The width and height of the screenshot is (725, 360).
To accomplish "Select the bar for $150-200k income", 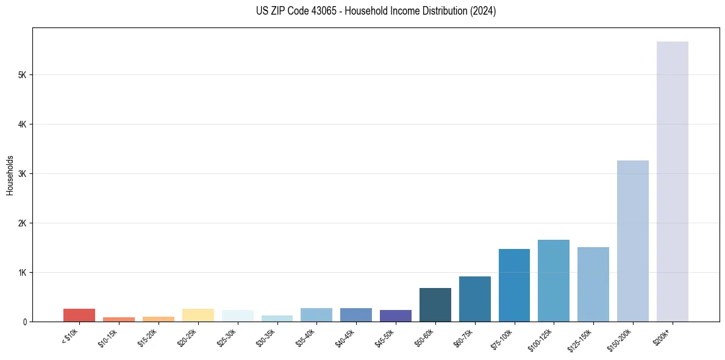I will click(632, 241).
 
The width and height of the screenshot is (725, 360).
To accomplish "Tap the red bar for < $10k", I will click(79, 315).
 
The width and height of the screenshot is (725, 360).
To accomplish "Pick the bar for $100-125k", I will click(553, 281).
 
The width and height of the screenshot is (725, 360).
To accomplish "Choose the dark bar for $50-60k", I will click(435, 305).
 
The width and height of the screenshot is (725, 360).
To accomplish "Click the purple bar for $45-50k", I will click(395, 315).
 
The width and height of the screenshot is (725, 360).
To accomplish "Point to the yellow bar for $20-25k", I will click(198, 315).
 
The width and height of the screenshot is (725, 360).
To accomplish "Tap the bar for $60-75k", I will click(474, 299).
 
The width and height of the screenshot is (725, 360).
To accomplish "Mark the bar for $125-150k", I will click(593, 284).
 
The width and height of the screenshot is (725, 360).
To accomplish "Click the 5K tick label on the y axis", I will click(22, 75).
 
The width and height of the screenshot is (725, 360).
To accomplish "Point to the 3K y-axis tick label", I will click(22, 174).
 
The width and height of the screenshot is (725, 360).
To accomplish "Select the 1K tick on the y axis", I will click(22, 272).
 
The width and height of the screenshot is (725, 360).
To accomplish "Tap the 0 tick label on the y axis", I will click(25, 322).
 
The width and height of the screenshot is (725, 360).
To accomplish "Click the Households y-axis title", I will click(10, 175).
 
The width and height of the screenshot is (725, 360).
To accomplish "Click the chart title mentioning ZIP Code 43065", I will click(376, 11).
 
